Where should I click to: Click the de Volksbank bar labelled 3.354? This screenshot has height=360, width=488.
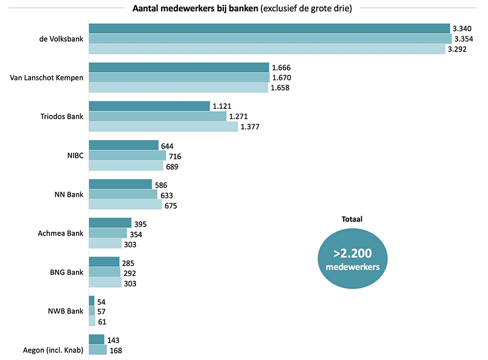pos(270,39)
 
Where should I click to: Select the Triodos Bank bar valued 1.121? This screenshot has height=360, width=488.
pos(149,106)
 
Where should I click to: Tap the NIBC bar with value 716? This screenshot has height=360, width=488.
pos(127,156)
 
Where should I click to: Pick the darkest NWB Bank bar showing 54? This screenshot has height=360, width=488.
pos(92,301)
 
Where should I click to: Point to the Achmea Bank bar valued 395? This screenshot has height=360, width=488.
pos(110,223)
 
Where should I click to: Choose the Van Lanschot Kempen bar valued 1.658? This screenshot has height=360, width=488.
pos(178,88)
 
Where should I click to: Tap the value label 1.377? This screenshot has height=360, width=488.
pos(251,127)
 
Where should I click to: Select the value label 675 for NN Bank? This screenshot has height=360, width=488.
pos(172,205)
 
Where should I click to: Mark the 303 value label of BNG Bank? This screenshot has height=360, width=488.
pos(130,284)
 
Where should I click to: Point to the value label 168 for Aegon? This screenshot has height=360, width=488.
pos(116,350)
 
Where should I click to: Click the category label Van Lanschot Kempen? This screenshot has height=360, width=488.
pos(47,78)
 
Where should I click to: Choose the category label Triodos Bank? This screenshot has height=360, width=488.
pos(62,117)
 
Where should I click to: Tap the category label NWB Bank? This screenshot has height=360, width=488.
pos(66,311)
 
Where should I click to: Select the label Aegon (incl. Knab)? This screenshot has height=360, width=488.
pos(53,350)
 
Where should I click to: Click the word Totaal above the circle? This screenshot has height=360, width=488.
pos(352,220)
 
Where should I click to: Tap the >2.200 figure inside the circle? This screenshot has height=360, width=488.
pos(352,253)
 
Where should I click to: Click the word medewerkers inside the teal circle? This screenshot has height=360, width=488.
pos(352,267)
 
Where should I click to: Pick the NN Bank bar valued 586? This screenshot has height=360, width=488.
pos(120,184)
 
